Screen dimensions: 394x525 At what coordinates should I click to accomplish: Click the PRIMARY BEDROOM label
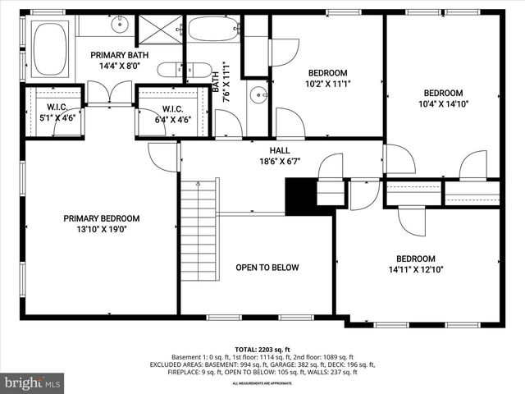(102, 218)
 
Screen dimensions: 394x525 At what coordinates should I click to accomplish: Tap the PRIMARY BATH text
(119, 54)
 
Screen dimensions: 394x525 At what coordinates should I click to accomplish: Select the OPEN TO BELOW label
(267, 268)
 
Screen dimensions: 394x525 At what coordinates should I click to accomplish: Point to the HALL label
(280, 150)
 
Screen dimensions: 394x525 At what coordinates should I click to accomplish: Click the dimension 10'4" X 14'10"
(443, 104)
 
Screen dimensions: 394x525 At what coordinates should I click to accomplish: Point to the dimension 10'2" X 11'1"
(328, 83)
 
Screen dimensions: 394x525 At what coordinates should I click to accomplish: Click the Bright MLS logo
(33, 383)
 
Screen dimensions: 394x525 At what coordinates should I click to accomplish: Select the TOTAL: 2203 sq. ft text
(262, 349)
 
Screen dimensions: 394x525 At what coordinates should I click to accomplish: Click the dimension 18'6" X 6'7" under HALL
(280, 162)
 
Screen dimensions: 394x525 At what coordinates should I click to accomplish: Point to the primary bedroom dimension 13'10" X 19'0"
(102, 230)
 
